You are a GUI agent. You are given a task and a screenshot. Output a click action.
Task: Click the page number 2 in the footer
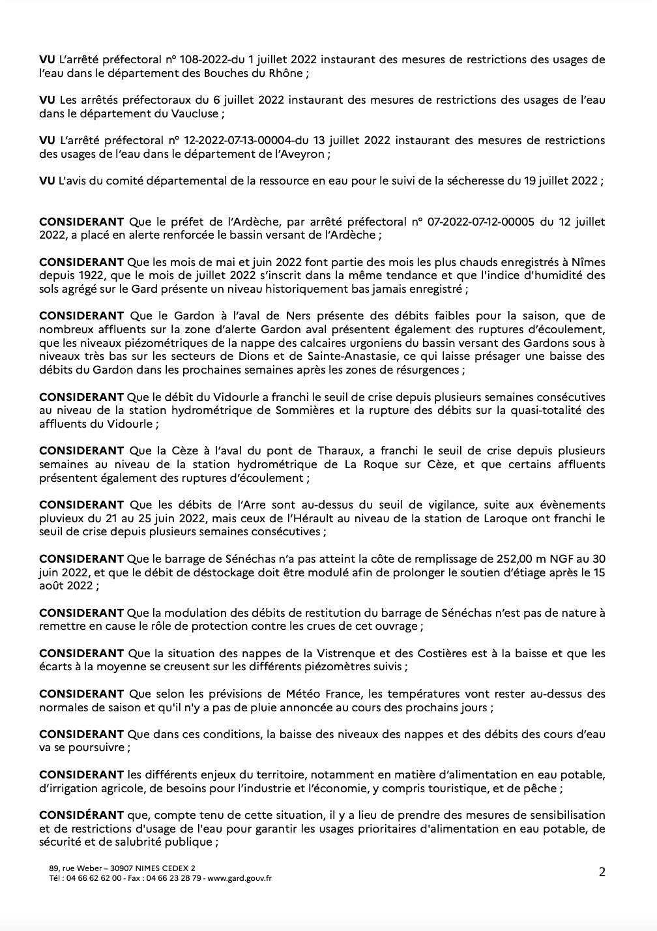[602, 872]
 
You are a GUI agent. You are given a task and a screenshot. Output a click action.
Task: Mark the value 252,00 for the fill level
[514, 559]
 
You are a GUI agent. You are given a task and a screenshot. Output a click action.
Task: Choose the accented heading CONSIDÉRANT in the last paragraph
[81, 815]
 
